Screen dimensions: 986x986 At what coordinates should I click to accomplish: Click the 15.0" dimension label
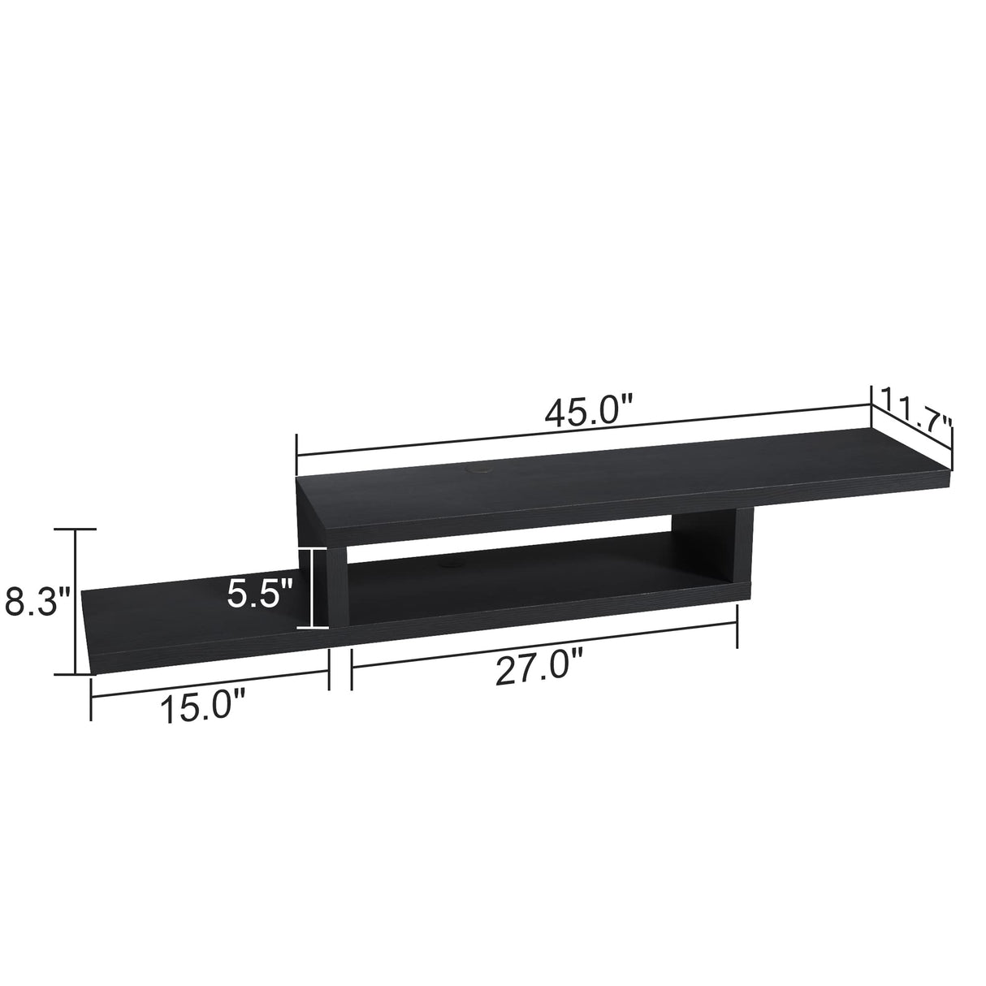202,707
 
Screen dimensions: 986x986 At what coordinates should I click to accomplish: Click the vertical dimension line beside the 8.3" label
76,601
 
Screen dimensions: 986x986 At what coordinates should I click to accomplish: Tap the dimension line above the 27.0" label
544,643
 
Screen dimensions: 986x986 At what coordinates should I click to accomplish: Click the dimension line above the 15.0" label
209,680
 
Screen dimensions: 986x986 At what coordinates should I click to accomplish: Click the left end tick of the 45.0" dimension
298,455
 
